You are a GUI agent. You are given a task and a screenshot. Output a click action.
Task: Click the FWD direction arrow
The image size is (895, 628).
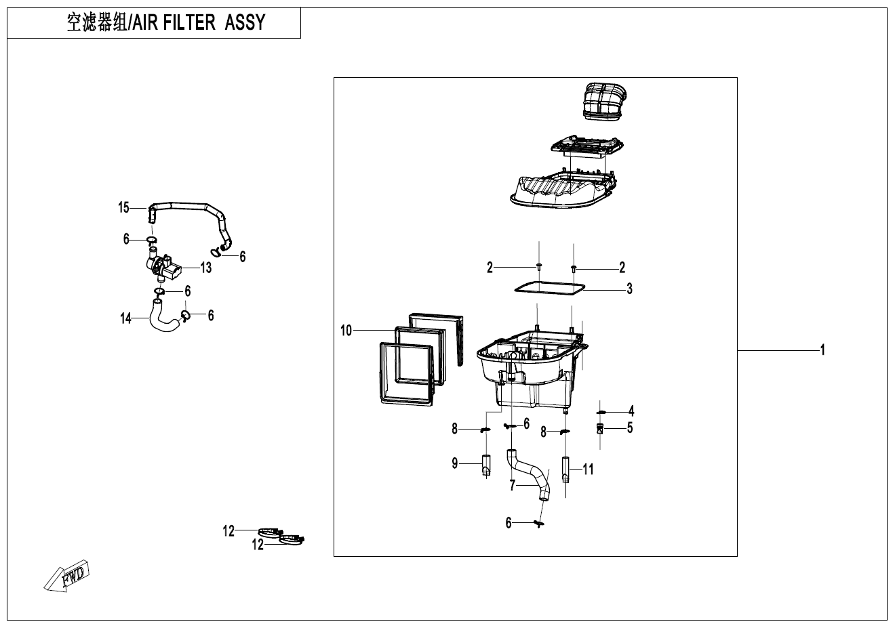(x=66, y=577)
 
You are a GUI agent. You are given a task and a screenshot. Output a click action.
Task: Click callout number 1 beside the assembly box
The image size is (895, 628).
(x=822, y=350)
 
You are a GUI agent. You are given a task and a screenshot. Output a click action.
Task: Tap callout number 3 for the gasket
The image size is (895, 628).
(x=629, y=289)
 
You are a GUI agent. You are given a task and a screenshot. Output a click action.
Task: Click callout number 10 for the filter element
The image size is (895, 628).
(x=346, y=331)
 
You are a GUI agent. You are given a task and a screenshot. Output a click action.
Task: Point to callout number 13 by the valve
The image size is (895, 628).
(x=205, y=268)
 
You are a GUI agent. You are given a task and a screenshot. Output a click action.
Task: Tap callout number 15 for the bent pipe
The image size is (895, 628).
(x=123, y=207)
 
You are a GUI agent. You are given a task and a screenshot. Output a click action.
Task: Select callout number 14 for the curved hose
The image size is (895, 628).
(x=125, y=317)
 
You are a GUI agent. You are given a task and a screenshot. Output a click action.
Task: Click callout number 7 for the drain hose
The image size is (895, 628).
(x=513, y=485)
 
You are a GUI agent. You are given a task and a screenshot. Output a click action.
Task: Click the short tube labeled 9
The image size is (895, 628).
(x=486, y=466)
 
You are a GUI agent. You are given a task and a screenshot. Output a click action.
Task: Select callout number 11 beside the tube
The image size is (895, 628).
(x=588, y=468)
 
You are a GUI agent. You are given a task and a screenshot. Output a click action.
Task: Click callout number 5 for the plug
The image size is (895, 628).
(x=630, y=428)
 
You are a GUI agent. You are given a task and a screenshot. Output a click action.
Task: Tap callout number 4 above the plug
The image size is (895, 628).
(x=631, y=411)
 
